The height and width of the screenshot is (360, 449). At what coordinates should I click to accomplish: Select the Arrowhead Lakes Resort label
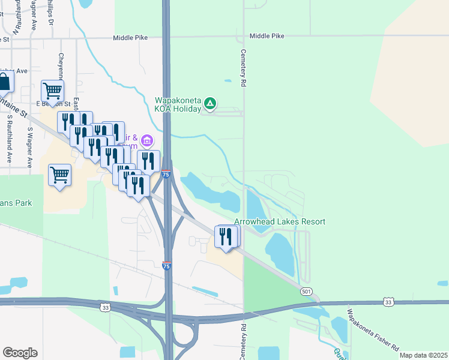tap(280, 221)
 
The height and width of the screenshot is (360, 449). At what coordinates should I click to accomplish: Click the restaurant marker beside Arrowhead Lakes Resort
tap(226, 236)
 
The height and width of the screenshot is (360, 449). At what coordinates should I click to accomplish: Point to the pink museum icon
tap(148, 141)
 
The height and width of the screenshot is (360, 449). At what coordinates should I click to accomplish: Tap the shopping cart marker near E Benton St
tap(53, 91)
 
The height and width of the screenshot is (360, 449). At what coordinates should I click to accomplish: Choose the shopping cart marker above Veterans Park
tap(59, 175)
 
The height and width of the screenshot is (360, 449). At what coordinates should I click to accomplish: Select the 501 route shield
tap(307, 291)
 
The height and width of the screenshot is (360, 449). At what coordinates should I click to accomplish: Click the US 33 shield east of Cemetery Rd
tap(388, 302)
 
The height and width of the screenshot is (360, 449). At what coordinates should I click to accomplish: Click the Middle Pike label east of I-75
tap(267, 36)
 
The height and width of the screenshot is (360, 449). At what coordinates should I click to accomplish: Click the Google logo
tap(20, 353)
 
